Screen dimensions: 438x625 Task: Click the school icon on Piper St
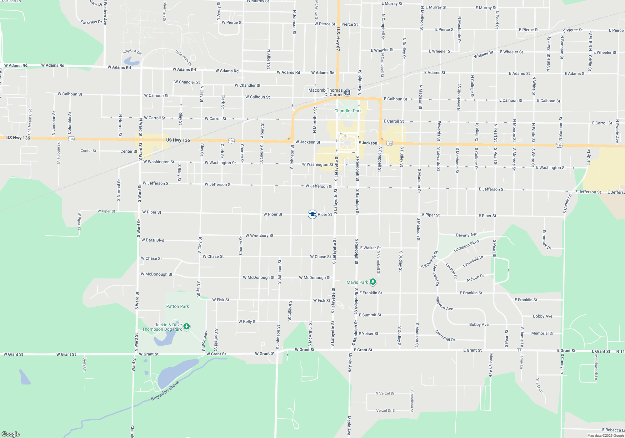312,214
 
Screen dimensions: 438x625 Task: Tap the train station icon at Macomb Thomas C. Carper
347,93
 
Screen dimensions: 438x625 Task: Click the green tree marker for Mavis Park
372,282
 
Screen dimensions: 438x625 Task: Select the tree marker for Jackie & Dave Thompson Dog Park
187,327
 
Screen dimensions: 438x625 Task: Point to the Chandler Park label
348,111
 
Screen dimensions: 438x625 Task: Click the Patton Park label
177,306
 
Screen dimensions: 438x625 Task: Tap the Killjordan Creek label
165,391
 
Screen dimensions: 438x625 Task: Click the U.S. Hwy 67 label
338,39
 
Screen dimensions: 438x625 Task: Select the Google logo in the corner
11,434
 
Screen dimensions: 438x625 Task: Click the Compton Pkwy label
466,246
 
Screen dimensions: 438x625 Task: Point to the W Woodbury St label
259,236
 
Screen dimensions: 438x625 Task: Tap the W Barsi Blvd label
152,240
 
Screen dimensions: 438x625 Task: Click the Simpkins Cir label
132,51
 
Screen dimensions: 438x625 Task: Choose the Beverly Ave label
467,235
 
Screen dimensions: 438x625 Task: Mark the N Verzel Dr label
385,393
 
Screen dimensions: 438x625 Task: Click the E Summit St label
370,315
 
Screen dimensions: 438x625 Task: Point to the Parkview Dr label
91,22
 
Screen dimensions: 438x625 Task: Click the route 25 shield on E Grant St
519,350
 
